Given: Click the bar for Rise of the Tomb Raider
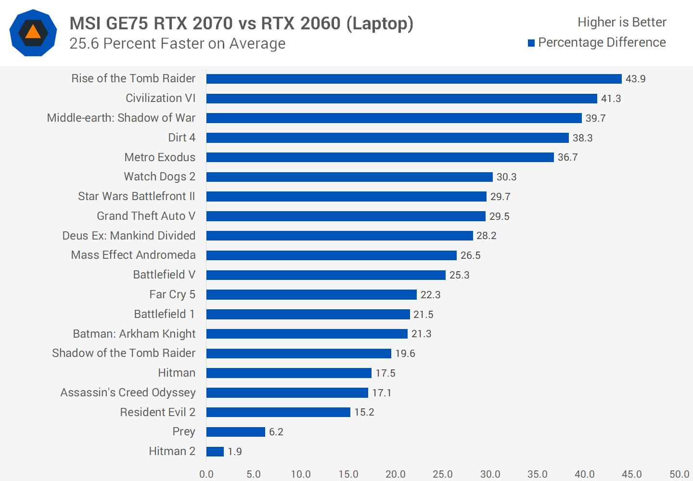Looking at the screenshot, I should click(x=414, y=79).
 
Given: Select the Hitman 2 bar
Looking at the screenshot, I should click(x=215, y=452).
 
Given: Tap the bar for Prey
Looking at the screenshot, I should click(x=236, y=432).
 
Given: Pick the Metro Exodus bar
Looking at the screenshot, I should click(x=380, y=157).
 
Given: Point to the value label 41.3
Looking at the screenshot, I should click(x=611, y=99).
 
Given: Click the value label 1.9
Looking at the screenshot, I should click(x=235, y=452).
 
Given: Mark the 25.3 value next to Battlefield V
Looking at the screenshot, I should click(x=459, y=275).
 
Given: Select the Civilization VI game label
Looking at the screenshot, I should click(x=160, y=98).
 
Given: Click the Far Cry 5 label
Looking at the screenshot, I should click(x=172, y=294).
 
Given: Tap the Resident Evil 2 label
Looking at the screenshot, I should click(x=157, y=412).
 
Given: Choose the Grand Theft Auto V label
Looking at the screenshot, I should click(x=146, y=216).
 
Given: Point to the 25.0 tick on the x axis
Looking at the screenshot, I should click(x=442, y=474).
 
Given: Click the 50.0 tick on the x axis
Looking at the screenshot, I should click(x=679, y=474).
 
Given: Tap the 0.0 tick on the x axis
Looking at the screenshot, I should click(x=206, y=474).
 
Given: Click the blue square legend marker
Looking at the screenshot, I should click(x=531, y=43).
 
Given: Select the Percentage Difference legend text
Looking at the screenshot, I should click(x=602, y=42).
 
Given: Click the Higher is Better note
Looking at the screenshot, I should click(x=622, y=22).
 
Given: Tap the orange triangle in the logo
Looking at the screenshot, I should click(x=33, y=32).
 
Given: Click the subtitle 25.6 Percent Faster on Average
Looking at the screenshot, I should click(x=177, y=44).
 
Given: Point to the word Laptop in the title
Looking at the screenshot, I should click(x=380, y=23).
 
